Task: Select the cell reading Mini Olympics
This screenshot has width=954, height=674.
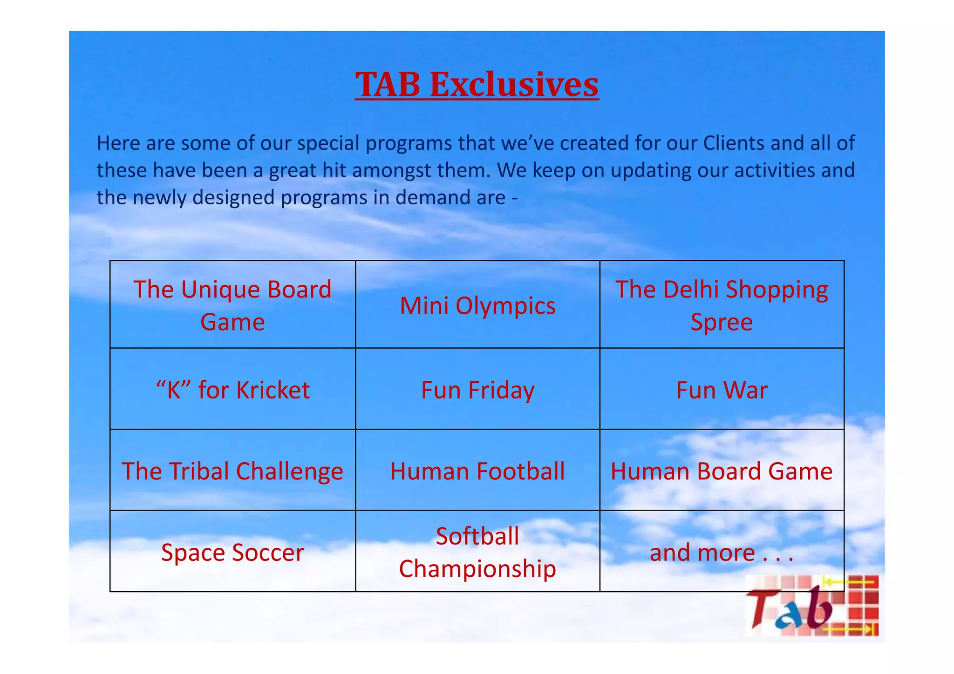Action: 477,306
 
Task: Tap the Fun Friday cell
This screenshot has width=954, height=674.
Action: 477,390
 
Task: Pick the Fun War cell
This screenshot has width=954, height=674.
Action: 722,390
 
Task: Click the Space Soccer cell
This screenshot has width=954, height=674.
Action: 232,552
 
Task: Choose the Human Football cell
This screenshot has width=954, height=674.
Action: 477,471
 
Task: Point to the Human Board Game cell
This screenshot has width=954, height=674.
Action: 722,471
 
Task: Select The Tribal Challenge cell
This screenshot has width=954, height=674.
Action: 232,471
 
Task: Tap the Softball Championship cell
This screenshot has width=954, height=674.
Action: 477,552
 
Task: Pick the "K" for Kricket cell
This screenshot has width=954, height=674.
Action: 232,390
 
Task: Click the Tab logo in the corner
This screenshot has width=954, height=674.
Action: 811,606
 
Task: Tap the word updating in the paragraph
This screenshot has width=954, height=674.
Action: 651,170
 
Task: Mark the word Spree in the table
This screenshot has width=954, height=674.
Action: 721,322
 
